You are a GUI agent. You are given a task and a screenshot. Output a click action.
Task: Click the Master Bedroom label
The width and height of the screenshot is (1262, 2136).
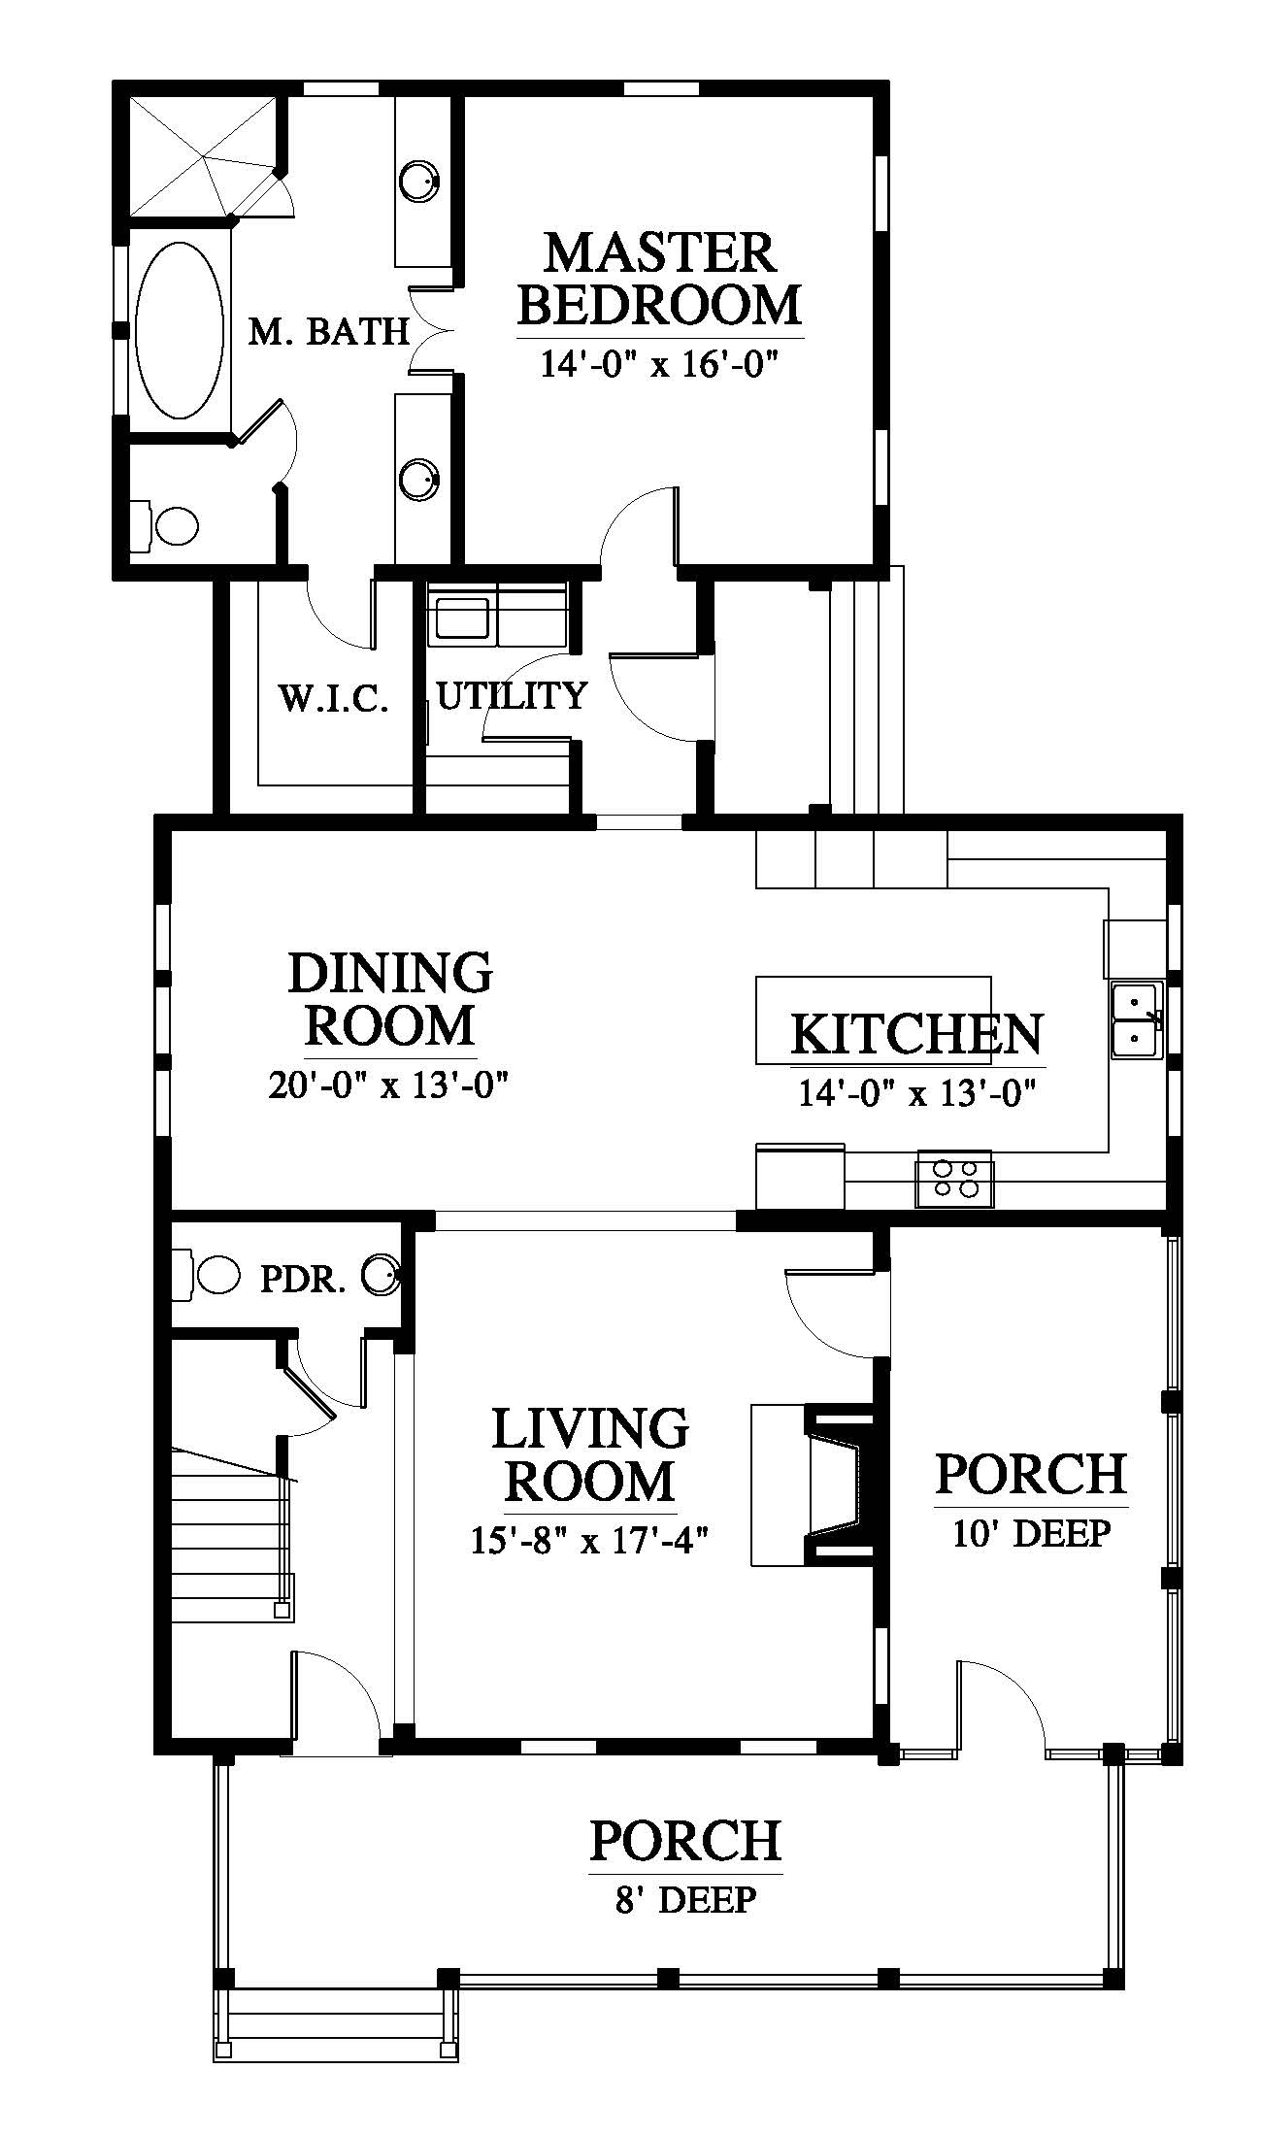tap(660, 278)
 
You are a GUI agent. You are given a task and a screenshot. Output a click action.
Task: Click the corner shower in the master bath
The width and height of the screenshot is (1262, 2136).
tap(203, 155)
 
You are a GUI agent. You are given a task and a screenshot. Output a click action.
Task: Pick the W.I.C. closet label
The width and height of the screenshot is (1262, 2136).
tap(334, 698)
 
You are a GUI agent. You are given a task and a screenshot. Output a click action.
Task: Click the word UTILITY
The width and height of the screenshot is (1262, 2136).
tap(512, 695)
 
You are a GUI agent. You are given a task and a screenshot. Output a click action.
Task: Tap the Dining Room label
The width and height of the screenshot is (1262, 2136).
tap(390, 999)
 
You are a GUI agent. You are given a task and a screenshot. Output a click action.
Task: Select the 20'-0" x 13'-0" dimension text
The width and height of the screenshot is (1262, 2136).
tap(389, 1084)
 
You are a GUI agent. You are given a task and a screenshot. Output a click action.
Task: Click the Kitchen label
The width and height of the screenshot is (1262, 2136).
tap(916, 1034)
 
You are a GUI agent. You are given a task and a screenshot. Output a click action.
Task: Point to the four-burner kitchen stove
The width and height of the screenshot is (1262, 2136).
tap(954, 1179)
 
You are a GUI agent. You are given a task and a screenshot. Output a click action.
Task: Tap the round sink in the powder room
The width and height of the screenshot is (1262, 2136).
tap(382, 1275)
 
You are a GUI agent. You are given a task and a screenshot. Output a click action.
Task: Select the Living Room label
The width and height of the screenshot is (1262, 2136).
tap(590, 1454)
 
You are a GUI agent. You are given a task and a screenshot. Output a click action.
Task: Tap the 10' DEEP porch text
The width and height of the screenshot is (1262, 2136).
tap(1031, 1533)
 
